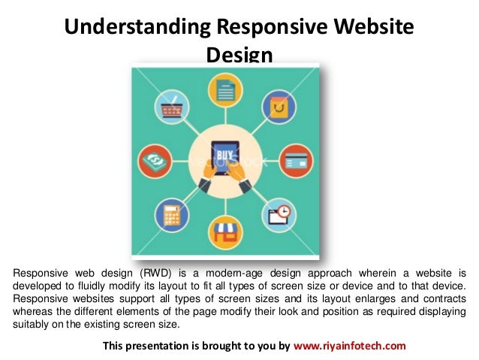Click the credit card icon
pos(293,160)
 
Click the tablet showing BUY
pos(223,159)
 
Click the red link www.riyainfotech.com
pos(349,346)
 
